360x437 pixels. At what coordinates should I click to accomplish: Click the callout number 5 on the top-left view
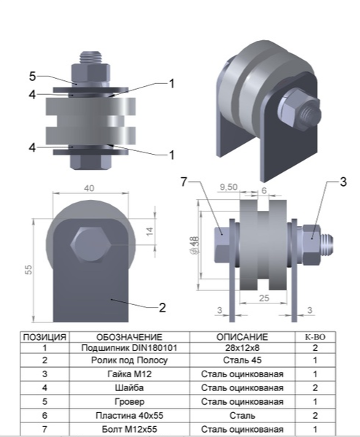coord(33,76)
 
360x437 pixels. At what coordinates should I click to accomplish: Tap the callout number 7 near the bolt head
coord(184,182)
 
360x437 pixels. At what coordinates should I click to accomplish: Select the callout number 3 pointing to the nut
coord(343,182)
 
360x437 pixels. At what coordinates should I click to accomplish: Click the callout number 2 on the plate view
coord(163,307)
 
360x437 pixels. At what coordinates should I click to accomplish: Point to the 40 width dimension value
coord(89,188)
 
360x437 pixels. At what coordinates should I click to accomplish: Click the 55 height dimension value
coord(28,269)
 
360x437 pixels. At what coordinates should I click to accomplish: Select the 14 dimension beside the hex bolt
coord(150,231)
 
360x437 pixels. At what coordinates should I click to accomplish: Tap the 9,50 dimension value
coord(229,187)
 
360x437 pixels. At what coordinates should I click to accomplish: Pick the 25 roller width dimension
coord(264,298)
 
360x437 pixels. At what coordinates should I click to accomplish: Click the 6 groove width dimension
coord(264,190)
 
